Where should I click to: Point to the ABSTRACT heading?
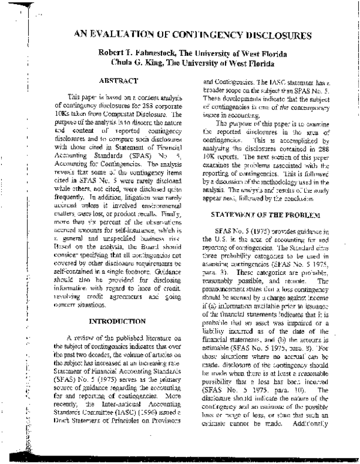[120, 80]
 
